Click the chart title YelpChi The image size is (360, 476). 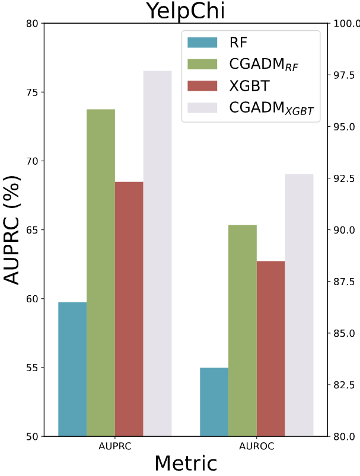pos(186,10)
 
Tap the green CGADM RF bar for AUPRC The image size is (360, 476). pos(101,273)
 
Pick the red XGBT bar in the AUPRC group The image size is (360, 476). pos(129,308)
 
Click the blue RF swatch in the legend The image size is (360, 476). pos(203,42)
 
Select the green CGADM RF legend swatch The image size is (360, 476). pos(203,64)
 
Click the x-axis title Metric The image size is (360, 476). pos(186,464)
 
